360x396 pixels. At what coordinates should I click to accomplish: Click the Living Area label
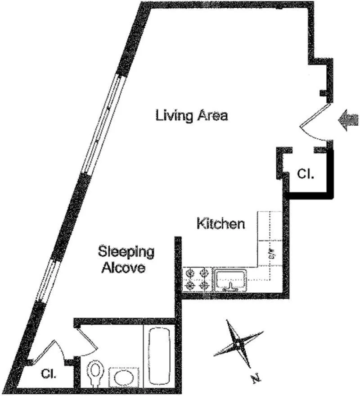192,115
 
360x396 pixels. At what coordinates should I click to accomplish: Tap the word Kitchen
221,223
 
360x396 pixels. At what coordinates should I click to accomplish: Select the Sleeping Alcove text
126,259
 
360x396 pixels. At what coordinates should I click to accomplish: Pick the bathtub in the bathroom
158,355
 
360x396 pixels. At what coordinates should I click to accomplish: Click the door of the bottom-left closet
55,350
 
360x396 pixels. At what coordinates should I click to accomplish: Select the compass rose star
237,345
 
